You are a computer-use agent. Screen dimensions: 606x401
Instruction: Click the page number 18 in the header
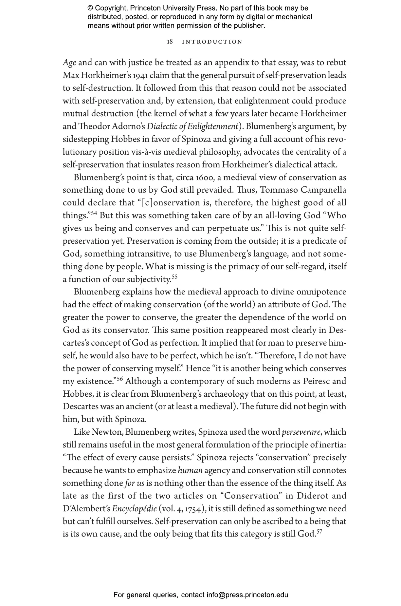click(170, 42)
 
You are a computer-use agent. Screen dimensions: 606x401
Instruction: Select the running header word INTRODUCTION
click(212, 42)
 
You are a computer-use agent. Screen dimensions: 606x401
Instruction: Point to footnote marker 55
click(174, 277)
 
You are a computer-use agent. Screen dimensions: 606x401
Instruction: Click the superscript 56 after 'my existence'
click(119, 379)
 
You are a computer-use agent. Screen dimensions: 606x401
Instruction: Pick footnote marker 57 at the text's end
click(319, 532)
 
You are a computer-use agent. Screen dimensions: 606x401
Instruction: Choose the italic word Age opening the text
click(69, 63)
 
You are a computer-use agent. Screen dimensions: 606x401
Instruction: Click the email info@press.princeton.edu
click(247, 595)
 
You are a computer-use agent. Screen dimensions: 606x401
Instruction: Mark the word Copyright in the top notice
click(110, 8)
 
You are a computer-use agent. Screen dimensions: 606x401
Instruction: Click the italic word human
click(190, 470)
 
